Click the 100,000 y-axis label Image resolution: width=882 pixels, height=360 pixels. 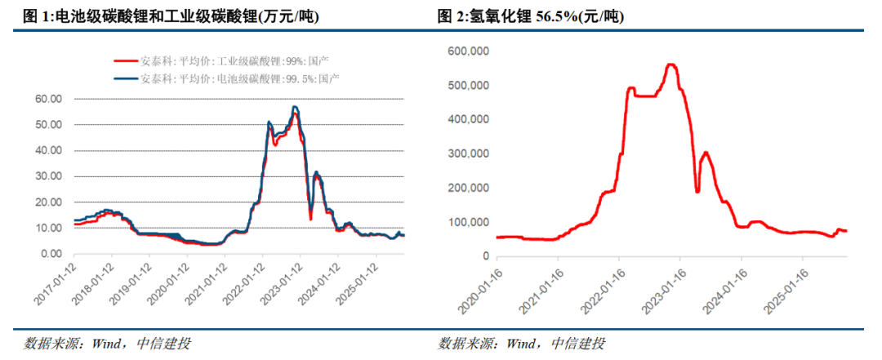pos(468,222)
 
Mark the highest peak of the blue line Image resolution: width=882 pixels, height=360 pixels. pos(294,107)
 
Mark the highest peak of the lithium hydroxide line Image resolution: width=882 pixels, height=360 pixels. pos(671,64)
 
